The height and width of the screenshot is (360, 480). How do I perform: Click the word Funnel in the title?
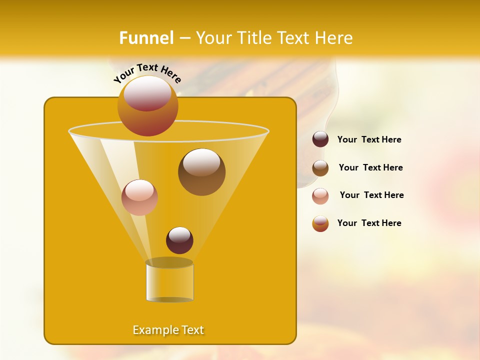tap(146, 38)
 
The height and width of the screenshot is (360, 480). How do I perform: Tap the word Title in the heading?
tap(253, 38)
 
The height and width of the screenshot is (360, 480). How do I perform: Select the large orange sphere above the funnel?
tap(147, 105)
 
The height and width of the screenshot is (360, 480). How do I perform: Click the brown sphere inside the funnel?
tap(201, 172)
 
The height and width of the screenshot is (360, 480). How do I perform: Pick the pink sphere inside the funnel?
tap(139, 197)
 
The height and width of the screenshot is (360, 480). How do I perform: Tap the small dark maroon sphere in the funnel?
tap(179, 240)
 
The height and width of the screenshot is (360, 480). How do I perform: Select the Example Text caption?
tap(168, 330)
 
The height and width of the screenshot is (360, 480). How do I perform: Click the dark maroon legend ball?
tap(320, 139)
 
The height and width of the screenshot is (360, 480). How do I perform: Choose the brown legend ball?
tap(320, 168)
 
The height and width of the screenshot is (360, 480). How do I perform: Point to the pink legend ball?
tap(320, 196)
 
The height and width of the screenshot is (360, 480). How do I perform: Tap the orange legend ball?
tap(320, 223)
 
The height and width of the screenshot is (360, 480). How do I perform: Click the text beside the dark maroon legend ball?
tap(369, 140)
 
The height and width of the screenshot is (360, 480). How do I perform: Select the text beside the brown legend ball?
tap(370, 168)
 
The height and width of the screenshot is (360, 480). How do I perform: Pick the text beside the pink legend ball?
tap(371, 195)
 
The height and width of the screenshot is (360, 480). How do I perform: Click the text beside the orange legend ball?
tap(369, 223)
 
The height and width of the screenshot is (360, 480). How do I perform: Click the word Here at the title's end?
tap(332, 38)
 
